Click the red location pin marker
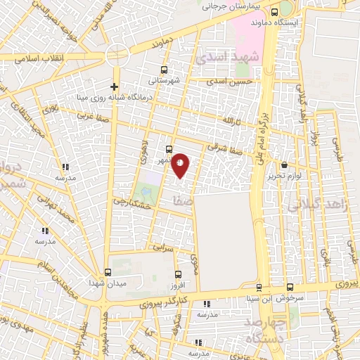181,166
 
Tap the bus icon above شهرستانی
164,70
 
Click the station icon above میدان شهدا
108,272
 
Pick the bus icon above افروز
177,274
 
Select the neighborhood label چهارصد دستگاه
266,333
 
